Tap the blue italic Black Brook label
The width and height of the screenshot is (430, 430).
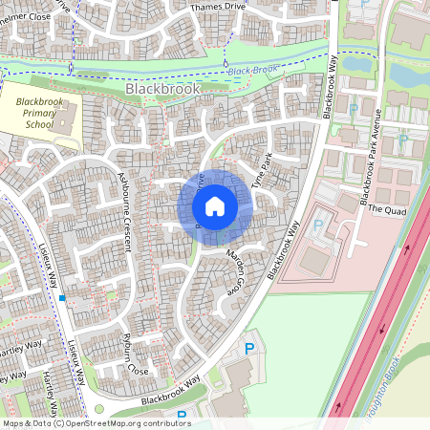coord(252,70)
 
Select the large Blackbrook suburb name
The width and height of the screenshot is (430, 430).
coord(162,88)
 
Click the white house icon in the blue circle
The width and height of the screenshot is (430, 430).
coord(215,205)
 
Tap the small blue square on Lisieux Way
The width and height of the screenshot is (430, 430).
coord(62,299)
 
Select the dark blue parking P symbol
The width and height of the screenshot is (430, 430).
coord(251,349)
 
